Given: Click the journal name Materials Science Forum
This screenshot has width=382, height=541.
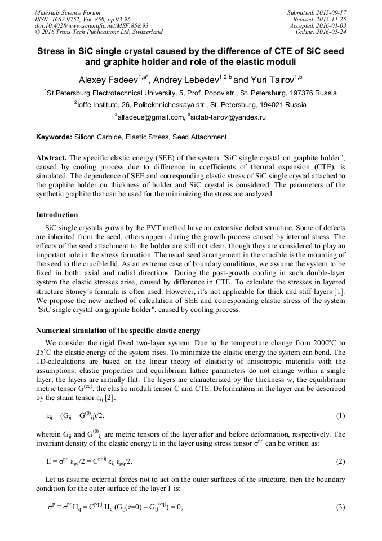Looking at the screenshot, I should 68,12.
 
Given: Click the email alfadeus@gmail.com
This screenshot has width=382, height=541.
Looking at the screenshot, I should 152,117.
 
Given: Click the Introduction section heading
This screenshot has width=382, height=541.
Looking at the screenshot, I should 57,215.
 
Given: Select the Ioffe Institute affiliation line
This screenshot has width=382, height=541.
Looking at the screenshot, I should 190,104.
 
